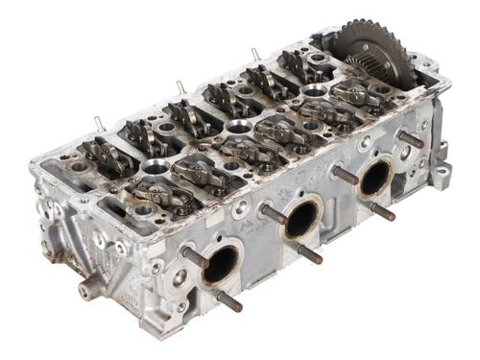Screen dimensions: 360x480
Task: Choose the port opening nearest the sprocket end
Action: (374, 178)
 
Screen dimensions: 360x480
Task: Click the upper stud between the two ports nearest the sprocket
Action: (345, 176)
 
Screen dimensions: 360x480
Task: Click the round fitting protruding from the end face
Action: (89, 285)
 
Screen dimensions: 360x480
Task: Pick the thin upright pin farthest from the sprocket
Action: (99, 122)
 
